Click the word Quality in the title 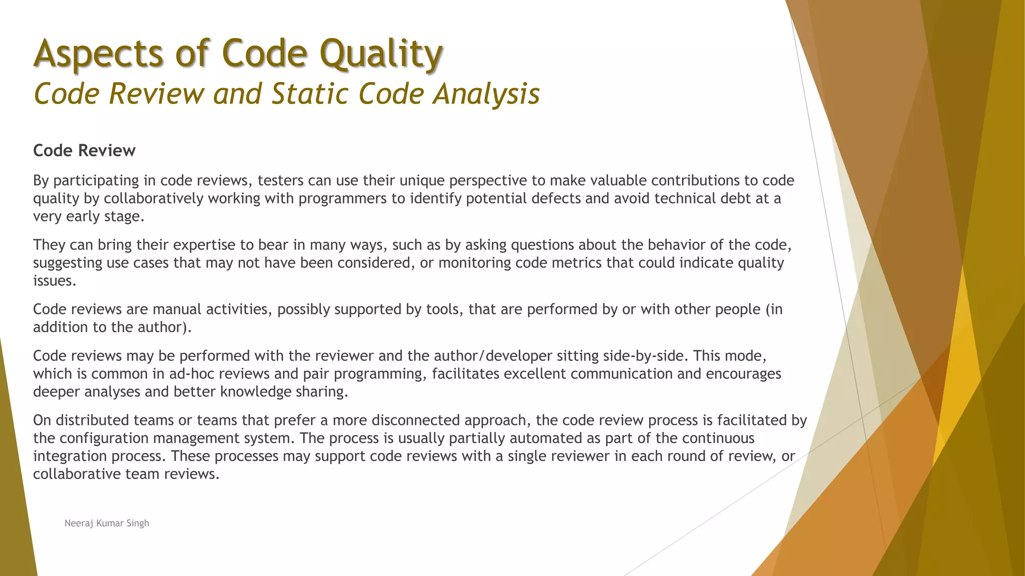[x=380, y=54]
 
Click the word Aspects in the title [x=98, y=54]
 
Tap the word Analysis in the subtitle [x=486, y=94]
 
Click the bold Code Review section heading [x=84, y=150]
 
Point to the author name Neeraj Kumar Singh [x=107, y=523]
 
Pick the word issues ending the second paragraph [x=54, y=281]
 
